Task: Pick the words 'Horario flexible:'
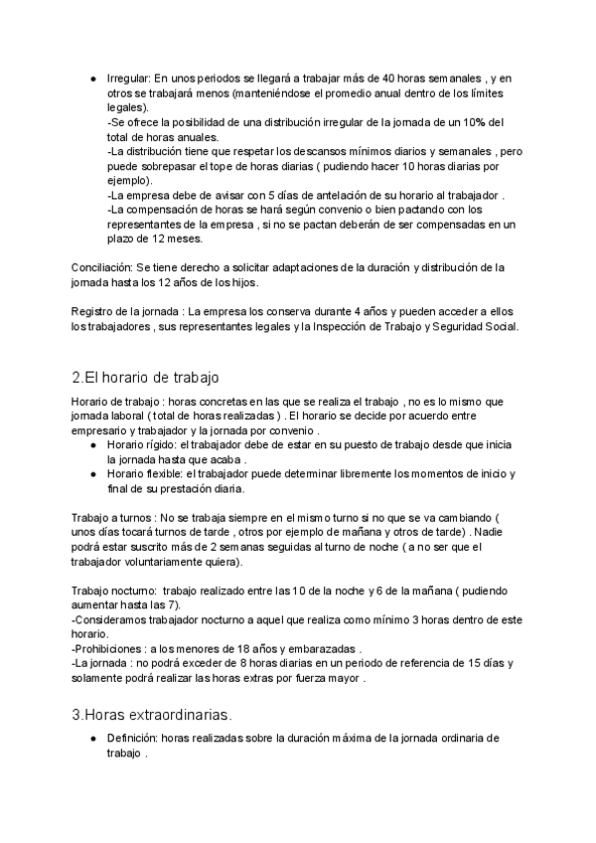[143, 475]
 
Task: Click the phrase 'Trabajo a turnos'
[110, 518]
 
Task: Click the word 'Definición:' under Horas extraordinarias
[134, 739]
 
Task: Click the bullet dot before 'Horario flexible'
[92, 475]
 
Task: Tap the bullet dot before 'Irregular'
[92, 78]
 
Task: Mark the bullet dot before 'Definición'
[92, 739]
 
